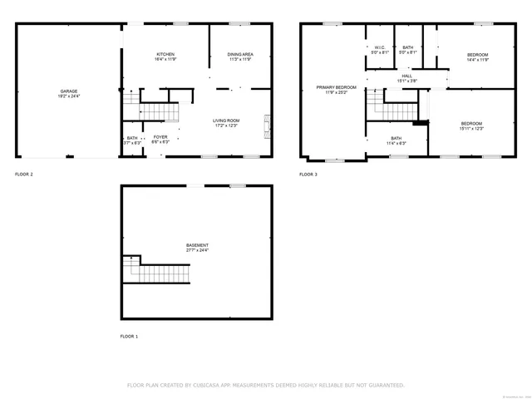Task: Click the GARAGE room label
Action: (x=69, y=91)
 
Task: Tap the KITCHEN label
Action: (x=165, y=55)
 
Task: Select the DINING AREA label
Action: (x=240, y=55)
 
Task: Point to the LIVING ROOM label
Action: (x=226, y=121)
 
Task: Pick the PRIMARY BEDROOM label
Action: (x=336, y=87)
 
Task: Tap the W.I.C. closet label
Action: (x=378, y=47)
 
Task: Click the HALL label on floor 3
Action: (x=406, y=76)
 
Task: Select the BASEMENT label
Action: (x=197, y=245)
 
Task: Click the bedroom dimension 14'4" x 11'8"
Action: (x=477, y=60)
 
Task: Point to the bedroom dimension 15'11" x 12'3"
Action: (x=471, y=129)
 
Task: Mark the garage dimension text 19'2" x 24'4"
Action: (x=69, y=96)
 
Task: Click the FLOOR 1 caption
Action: (x=130, y=336)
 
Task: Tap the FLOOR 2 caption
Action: (x=24, y=175)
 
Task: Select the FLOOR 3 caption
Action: (x=308, y=175)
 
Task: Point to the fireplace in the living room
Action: (x=267, y=126)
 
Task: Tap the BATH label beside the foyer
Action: (x=132, y=138)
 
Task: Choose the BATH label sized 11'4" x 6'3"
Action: (x=396, y=138)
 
